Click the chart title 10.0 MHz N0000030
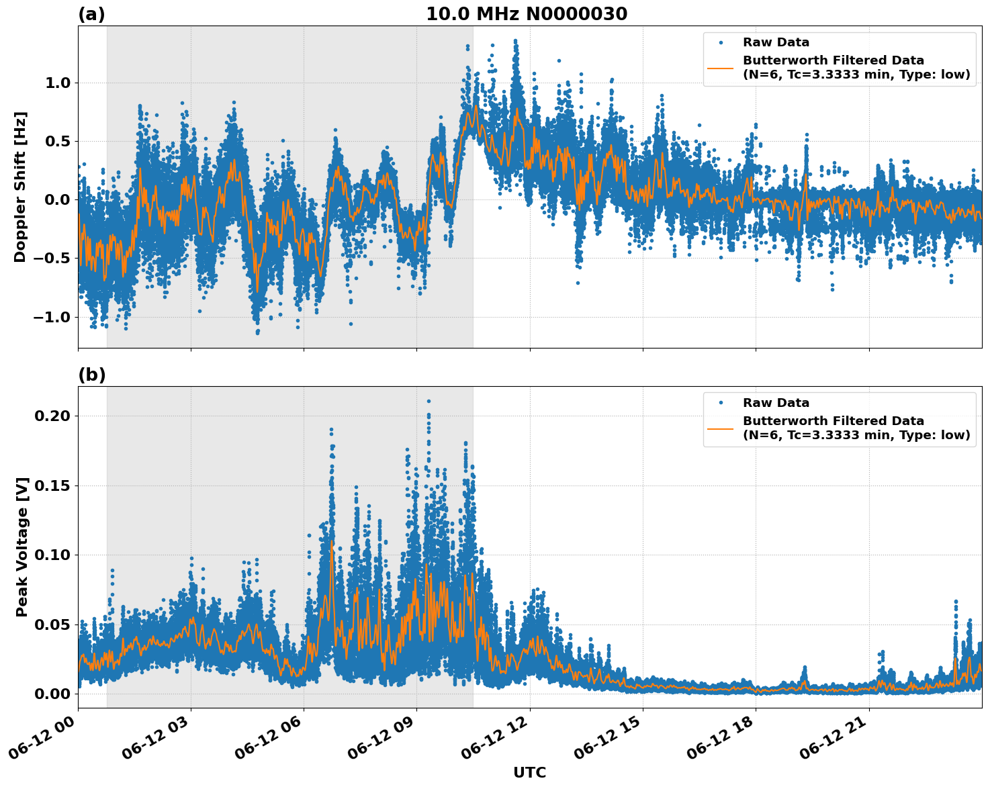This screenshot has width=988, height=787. coord(526,14)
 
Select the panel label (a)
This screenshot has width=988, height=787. coord(91,14)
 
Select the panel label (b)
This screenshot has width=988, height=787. coord(91,375)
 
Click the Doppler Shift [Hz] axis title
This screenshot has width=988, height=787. coord(20,187)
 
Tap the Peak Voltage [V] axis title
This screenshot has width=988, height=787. coord(22,547)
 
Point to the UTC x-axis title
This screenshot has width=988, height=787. coord(529,772)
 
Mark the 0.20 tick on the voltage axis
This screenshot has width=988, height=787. coord(52,416)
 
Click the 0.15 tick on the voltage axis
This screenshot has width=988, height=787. coord(52,485)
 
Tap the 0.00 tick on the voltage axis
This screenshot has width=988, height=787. coord(52,694)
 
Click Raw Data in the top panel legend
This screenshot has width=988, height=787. coord(776,42)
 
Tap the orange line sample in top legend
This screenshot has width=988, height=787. coord(721,67)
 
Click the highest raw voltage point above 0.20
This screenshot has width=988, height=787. coord(429,401)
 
